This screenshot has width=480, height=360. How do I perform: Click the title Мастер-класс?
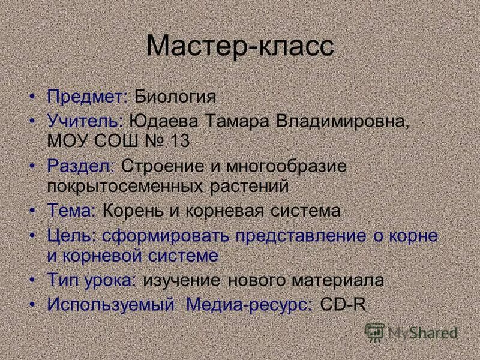click(x=240, y=47)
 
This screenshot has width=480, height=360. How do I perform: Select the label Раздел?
click(x=82, y=166)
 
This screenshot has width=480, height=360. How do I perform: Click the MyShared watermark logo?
click(x=412, y=332)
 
